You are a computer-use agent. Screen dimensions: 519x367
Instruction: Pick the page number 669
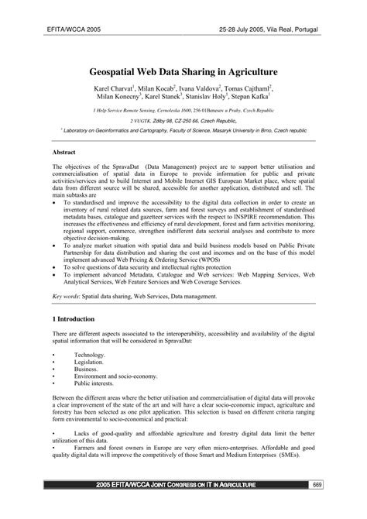pos(338,507)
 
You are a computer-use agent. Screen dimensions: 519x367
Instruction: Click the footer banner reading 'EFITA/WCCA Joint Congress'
pos(183,507)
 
